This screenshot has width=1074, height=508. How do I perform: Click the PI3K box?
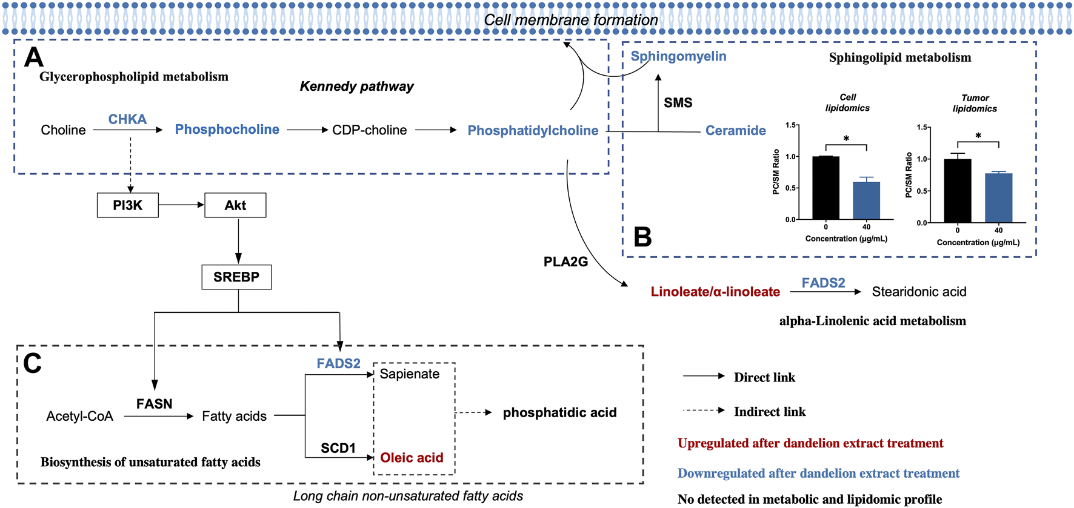(x=128, y=205)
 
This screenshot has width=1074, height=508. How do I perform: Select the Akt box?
(x=235, y=205)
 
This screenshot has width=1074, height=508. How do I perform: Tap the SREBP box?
(x=236, y=277)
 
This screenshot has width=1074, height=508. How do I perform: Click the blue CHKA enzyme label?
(x=127, y=119)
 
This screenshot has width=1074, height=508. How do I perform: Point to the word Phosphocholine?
(x=227, y=130)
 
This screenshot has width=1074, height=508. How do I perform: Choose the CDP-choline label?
(x=369, y=130)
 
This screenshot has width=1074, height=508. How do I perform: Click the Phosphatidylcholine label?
(x=533, y=131)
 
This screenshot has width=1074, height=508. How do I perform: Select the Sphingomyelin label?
(x=678, y=56)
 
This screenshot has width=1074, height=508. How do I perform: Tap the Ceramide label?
(x=735, y=131)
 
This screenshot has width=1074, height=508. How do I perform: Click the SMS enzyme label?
(x=678, y=103)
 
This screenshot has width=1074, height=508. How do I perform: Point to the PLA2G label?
(x=565, y=262)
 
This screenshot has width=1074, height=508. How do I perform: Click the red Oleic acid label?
(x=412, y=458)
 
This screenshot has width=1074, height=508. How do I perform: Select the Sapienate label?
(x=410, y=374)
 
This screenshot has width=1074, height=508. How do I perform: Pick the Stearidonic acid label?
(x=919, y=292)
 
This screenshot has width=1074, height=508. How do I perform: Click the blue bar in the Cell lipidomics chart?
(x=866, y=200)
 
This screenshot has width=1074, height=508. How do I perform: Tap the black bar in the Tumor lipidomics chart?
(x=958, y=191)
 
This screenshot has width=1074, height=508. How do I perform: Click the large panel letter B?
(x=642, y=237)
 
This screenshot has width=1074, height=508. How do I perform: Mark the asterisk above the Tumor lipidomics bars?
(x=978, y=136)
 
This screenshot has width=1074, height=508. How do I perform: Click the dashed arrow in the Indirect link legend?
(x=703, y=411)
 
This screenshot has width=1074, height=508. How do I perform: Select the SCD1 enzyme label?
(x=338, y=448)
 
